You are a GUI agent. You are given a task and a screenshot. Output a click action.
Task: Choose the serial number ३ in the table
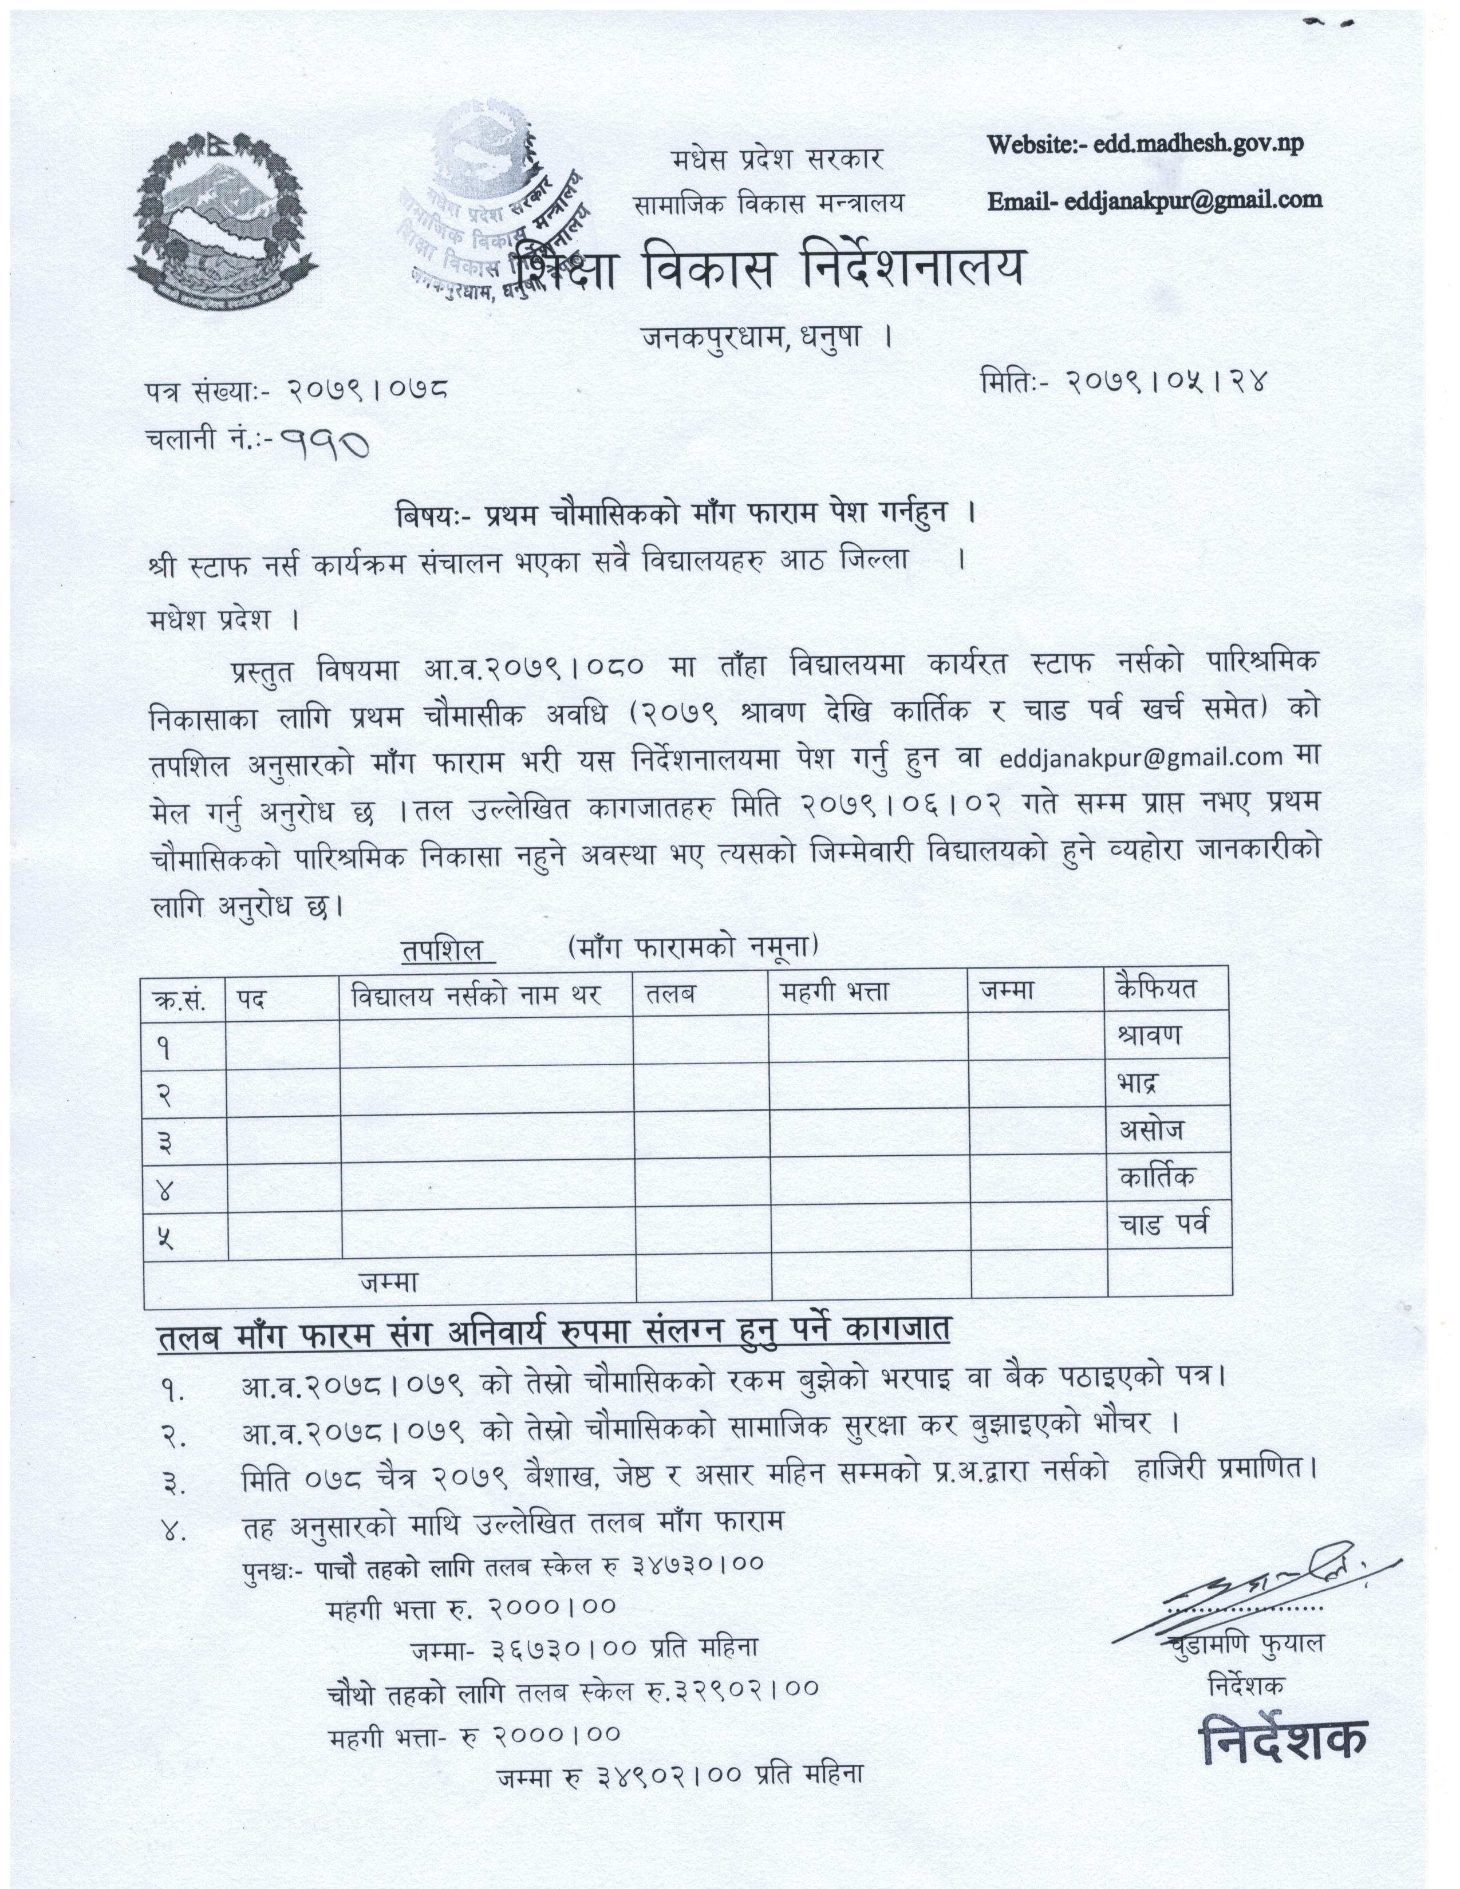pos(164,1144)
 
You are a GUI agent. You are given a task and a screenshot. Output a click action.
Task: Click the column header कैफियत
pos(1155,989)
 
